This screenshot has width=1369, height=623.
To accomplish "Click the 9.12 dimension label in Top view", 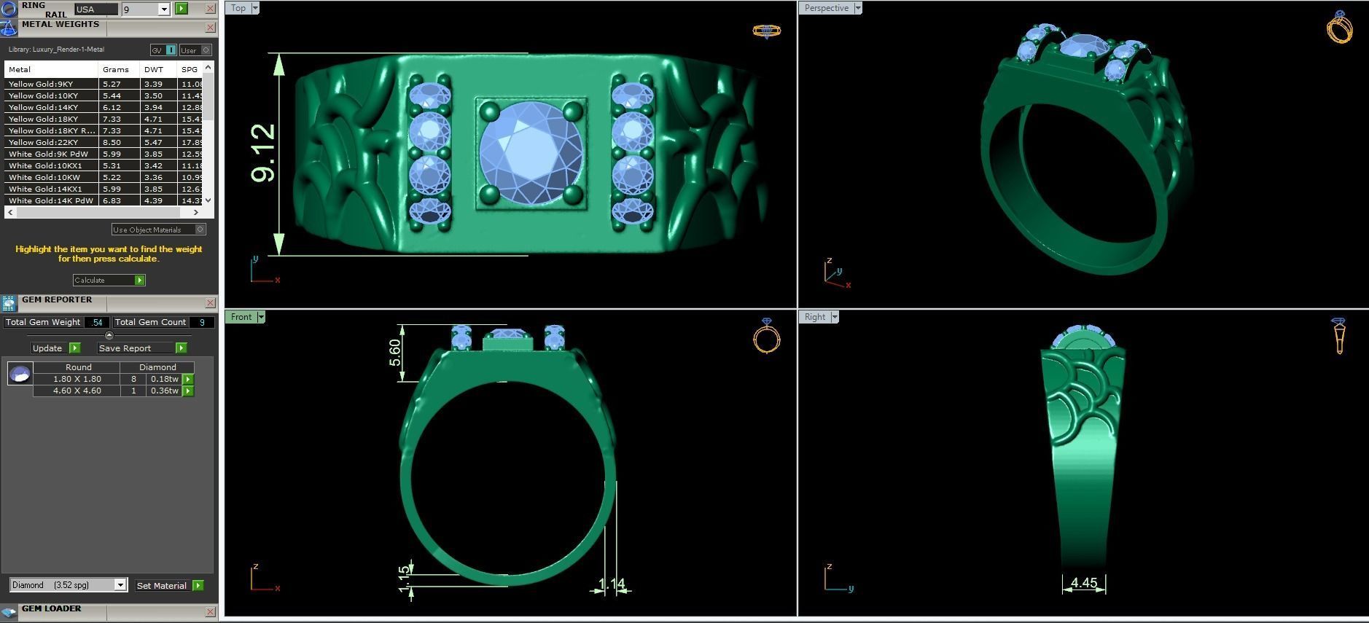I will coord(263,153).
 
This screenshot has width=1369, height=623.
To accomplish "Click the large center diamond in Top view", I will coord(531,153).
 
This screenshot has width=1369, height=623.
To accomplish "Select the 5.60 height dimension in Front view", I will coord(395,353).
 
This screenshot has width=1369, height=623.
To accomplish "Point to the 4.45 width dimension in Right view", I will coord(1084,583).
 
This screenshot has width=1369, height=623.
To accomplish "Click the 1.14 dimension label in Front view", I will coord(612,584).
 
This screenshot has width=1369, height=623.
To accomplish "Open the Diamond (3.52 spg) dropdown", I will coord(120,585).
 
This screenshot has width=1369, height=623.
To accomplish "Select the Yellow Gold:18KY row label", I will coord(43,119).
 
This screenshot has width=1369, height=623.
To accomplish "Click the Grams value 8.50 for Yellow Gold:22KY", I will coord(112,142).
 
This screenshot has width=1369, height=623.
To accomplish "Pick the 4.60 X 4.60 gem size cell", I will coord(77,391).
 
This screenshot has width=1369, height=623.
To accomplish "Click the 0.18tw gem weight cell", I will coord(164,379).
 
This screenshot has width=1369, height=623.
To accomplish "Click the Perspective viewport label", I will coord(826,8).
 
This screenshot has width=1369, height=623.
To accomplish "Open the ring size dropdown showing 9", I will coord(164,9).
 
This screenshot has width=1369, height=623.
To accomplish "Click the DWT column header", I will coord(154,69).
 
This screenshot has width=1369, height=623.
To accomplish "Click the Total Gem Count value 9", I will coord(202,322).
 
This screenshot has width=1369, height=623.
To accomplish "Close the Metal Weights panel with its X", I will coord(210,28).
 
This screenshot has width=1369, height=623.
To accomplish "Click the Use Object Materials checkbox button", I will coord(200,230).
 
